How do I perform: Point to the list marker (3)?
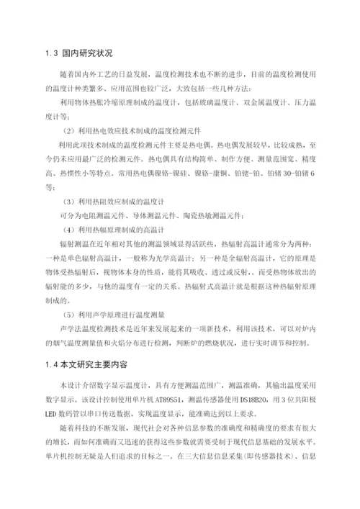[x=71, y=200]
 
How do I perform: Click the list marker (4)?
[x=71, y=230]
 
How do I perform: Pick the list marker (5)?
[x=71, y=314]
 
